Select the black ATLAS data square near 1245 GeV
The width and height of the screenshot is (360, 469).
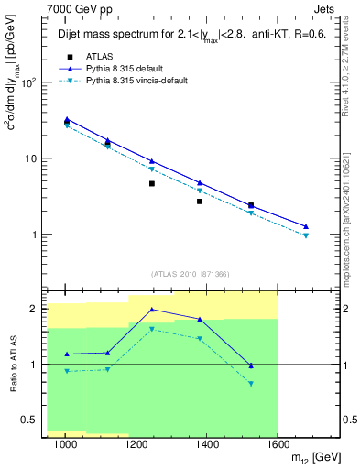click(x=152, y=184)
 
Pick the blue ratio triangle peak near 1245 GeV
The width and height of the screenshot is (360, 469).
click(x=152, y=310)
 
